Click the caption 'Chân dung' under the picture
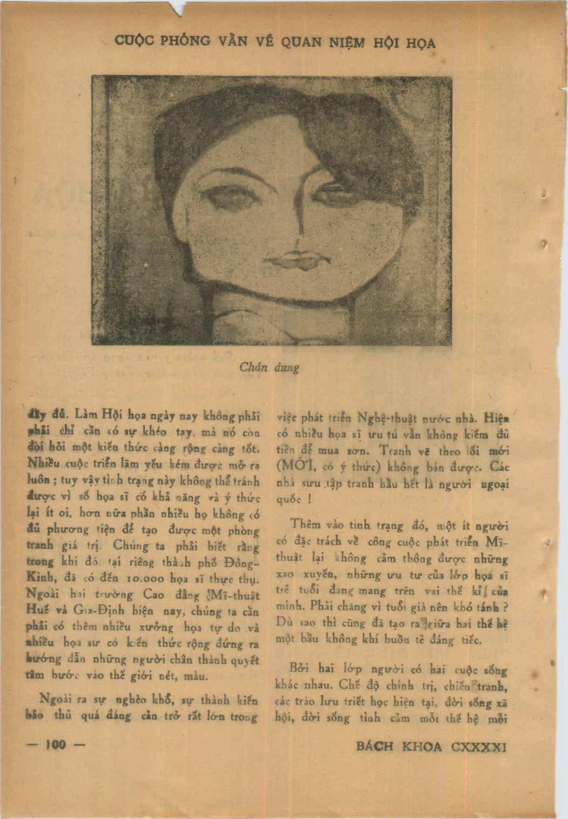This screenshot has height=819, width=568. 269,367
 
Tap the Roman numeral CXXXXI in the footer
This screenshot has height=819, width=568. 478,747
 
